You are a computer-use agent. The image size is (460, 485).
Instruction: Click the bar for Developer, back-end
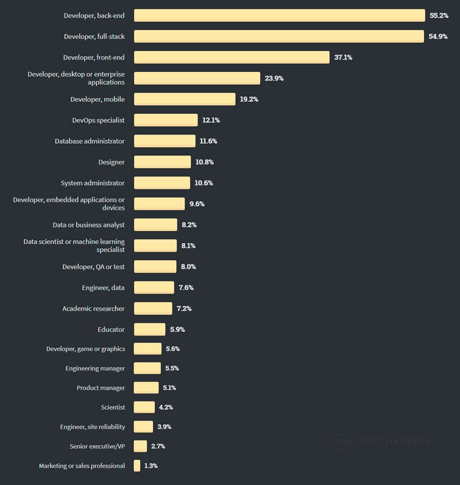click(x=279, y=15)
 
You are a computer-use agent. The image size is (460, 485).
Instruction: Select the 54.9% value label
click(x=438, y=37)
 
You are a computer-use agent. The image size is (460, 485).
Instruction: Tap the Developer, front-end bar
click(x=232, y=57)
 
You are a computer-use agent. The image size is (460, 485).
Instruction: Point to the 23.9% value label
click(x=274, y=79)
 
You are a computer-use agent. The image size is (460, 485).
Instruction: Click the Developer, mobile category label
click(x=97, y=99)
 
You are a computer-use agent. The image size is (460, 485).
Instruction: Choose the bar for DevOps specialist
click(x=166, y=120)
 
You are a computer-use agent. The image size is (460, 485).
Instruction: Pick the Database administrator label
click(x=90, y=141)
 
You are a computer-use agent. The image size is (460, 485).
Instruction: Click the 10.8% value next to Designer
click(x=205, y=162)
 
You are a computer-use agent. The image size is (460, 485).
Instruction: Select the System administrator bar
click(x=162, y=183)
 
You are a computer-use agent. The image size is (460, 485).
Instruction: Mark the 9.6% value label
click(x=197, y=204)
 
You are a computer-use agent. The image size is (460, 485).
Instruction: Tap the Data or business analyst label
click(x=88, y=225)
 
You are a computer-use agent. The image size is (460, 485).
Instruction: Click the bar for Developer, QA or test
click(x=155, y=267)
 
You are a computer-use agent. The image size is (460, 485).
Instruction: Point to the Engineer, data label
click(x=104, y=288)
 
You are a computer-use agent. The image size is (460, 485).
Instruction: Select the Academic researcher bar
click(x=153, y=308)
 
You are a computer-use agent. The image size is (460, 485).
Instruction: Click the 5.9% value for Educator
click(x=177, y=330)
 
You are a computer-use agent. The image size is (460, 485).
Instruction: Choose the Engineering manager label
click(x=95, y=369)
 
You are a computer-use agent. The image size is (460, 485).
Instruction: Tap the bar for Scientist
click(x=144, y=407)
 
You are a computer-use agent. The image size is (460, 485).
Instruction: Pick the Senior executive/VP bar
click(x=140, y=446)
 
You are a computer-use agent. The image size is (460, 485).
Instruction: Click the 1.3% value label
click(x=151, y=466)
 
